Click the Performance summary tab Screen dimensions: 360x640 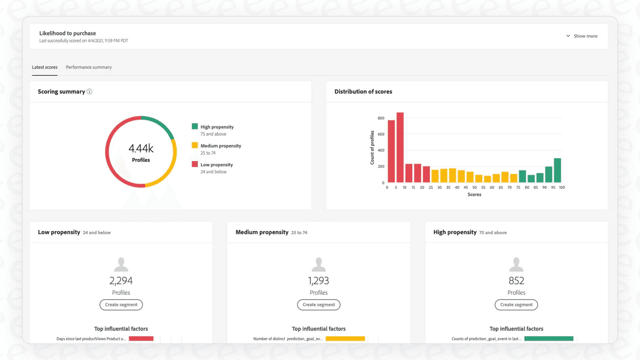point(89,67)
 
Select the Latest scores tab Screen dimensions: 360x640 point(45,67)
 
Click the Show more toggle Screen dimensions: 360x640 point(582,36)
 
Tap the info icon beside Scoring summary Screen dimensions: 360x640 point(90,91)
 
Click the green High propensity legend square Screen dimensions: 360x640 point(195,126)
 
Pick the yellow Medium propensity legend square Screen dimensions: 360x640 point(195,145)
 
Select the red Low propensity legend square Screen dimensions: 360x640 point(195,164)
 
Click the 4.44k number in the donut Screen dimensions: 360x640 point(141,148)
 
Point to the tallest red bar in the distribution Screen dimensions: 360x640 point(400,147)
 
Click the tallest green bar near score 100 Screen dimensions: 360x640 point(557,170)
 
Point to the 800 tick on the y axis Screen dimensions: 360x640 point(381,118)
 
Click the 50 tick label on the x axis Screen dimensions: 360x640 point(474,187)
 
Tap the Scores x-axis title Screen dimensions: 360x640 point(474,195)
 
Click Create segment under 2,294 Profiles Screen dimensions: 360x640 point(121,305)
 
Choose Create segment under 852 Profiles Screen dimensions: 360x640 point(516,305)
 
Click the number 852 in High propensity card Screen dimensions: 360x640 point(516,281)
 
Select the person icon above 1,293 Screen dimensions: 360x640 point(319,264)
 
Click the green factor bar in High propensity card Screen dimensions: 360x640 point(549,339)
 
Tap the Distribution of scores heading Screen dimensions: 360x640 point(363,91)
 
